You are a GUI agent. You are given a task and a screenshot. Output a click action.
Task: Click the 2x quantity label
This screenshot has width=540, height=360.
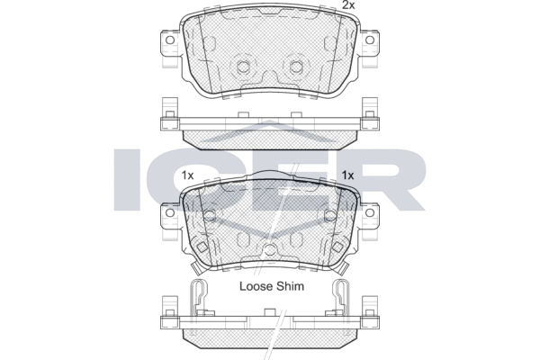click(348, 4)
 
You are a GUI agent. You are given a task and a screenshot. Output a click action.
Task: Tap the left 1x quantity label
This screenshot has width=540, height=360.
click(188, 175)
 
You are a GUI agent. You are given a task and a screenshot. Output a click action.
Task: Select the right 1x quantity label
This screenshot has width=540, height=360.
click(347, 175)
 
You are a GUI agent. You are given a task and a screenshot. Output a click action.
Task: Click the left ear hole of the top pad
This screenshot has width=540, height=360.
click(170, 40)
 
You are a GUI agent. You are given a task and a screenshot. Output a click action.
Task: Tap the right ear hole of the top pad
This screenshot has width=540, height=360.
click(370, 40)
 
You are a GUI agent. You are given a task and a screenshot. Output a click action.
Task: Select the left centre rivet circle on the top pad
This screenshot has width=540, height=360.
click(244, 67)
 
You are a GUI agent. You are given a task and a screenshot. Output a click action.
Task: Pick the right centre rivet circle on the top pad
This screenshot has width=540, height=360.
click(296, 67)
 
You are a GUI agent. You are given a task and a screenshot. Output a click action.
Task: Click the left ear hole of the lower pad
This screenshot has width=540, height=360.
click(170, 212)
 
